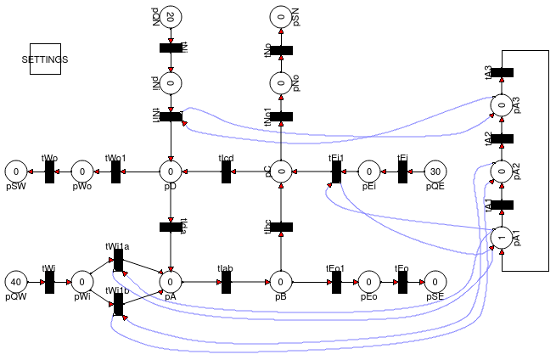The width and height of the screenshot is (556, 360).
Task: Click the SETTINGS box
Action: tap(45, 59)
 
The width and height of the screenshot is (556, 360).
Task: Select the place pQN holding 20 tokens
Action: tap(171, 16)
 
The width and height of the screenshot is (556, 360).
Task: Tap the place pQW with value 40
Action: tap(15, 281)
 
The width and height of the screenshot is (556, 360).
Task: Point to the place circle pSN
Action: tap(281, 16)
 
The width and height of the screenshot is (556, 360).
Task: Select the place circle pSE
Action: tap(434, 281)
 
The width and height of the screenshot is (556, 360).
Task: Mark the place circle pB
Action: tap(281, 281)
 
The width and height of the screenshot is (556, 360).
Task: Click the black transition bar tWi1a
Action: tap(118, 259)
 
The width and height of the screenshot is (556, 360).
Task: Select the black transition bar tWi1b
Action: tap(118, 303)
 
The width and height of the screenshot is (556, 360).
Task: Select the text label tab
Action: tap(225, 267)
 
